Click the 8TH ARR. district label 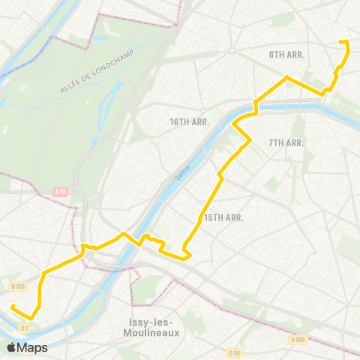click(x=285, y=55)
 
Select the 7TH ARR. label click(x=285, y=142)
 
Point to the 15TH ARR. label click(x=224, y=217)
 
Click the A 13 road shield click(x=60, y=192)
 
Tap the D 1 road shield click(x=25, y=328)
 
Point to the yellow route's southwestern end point click(x=13, y=306)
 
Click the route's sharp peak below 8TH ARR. click(x=286, y=76)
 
